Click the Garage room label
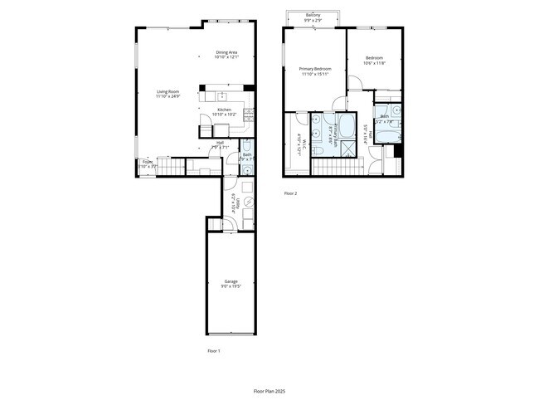230,281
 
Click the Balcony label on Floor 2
313,15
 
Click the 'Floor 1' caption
213,351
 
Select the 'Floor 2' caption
290,193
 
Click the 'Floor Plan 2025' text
269,389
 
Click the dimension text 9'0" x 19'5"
230,287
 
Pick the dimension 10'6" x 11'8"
374,63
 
